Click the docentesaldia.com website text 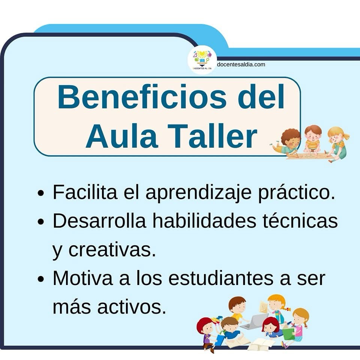pyautogui.click(x=241, y=64)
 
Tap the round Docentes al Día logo pyautogui.click(x=202, y=60)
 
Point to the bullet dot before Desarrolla pyautogui.click(x=40, y=222)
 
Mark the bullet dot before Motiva pyautogui.click(x=40, y=279)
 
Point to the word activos pyautogui.click(x=132, y=307)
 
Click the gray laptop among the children pyautogui.click(x=254, y=322)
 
